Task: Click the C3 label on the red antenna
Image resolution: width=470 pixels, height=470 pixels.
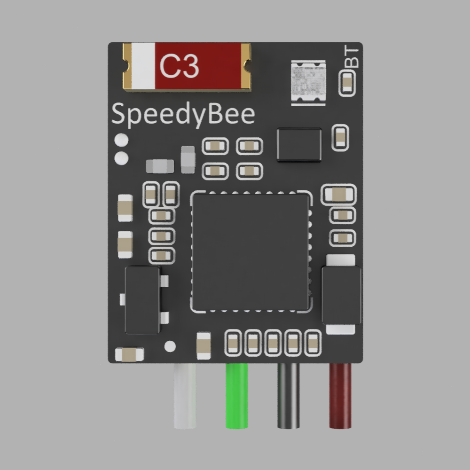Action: click(x=180, y=66)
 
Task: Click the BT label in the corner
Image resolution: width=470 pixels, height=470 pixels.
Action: click(x=352, y=57)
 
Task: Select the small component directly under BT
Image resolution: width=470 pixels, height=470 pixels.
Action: click(x=347, y=83)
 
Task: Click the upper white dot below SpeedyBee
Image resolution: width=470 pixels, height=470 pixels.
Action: click(x=122, y=140)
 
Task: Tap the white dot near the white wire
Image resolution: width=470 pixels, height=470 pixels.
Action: click(x=170, y=347)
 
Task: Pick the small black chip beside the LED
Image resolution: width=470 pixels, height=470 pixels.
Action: click(x=299, y=144)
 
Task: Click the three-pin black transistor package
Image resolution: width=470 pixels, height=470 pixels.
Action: click(x=142, y=299)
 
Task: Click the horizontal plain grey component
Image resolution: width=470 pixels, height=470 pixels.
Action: click(x=160, y=166)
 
